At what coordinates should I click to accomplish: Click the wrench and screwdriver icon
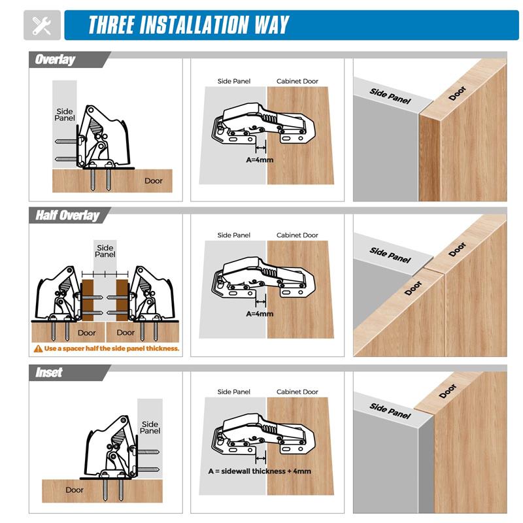42,25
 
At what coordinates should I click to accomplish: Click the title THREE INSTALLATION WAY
188,25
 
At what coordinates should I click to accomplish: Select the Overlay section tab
55,59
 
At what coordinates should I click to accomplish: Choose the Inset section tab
49,372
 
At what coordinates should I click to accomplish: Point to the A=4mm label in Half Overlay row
260,314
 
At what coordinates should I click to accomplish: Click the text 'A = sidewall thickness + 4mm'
260,471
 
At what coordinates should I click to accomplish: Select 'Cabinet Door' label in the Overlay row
297,82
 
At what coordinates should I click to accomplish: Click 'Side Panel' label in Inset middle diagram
234,392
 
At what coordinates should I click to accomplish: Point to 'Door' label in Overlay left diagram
154,181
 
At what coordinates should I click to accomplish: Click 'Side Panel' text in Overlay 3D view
390,95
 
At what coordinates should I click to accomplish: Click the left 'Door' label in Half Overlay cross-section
87,333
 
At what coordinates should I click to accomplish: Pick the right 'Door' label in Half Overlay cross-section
126,333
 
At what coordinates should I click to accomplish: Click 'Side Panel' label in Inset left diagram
150,428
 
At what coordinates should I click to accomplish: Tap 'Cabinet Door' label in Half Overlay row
297,235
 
